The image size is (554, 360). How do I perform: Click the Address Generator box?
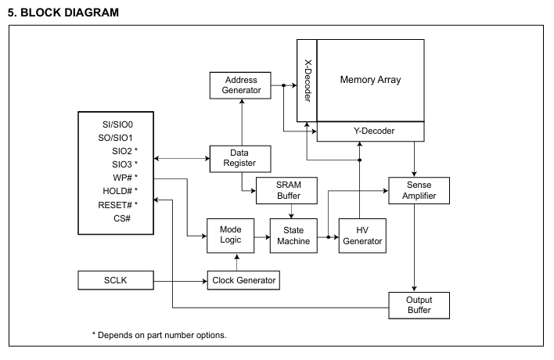240,85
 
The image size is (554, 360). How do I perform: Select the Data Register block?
240,159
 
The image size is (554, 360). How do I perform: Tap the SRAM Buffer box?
286,190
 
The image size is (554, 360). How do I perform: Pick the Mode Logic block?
230,236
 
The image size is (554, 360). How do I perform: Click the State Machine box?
293,236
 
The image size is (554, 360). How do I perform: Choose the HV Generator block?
362,236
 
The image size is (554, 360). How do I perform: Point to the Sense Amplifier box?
419,190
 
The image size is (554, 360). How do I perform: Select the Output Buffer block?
419,305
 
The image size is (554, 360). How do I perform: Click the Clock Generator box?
243,280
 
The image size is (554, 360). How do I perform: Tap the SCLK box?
116,280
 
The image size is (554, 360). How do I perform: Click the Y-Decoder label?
374,131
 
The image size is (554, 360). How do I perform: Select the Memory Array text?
371,80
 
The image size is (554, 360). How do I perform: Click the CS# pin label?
122,218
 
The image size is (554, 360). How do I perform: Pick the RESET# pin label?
115,205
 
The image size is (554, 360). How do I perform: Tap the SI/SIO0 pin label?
117,124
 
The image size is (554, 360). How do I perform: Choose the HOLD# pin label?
117,191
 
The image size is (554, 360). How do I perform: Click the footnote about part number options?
159,335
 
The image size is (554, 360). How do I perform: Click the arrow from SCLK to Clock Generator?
181,281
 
